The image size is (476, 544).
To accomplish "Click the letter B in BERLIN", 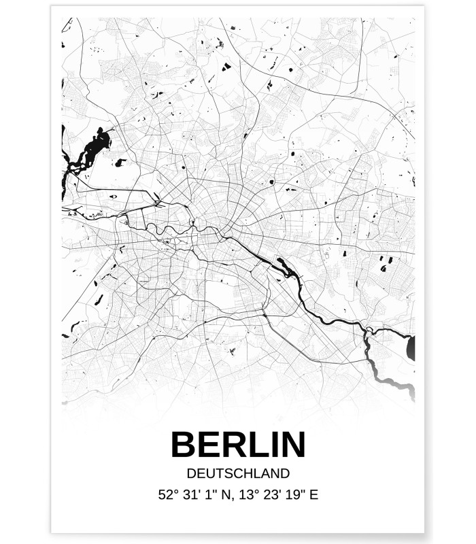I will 184,445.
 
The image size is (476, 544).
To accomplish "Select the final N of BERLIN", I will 291,445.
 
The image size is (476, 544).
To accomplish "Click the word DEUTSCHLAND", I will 237,473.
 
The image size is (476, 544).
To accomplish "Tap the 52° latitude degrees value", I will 167,495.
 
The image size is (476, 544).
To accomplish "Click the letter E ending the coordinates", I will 313,495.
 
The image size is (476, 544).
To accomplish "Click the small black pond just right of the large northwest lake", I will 121,163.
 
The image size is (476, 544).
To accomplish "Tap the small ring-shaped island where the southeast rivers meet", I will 369,331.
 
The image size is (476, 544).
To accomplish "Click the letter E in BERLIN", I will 206,445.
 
